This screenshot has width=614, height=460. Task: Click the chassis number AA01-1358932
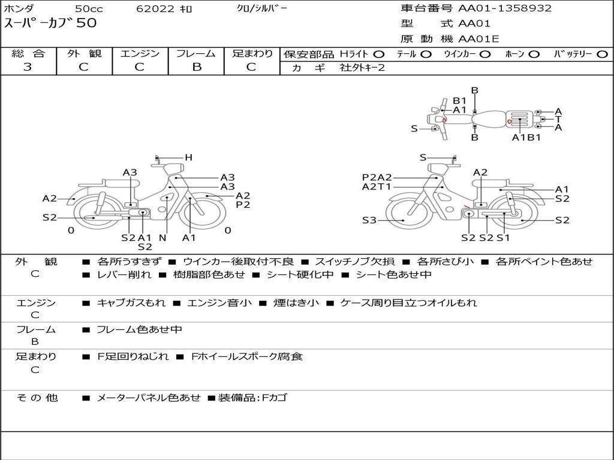point(505,8)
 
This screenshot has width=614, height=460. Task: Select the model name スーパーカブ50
point(50,23)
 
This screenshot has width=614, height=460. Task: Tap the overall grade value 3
point(28,67)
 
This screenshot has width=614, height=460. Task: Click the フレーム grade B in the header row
point(197,67)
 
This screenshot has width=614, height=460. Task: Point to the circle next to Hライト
point(379,55)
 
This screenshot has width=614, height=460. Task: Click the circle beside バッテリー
point(602,55)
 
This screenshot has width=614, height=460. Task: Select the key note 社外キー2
point(362,68)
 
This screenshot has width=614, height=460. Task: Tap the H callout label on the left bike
point(188,158)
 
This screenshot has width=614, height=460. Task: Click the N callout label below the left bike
point(162,238)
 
